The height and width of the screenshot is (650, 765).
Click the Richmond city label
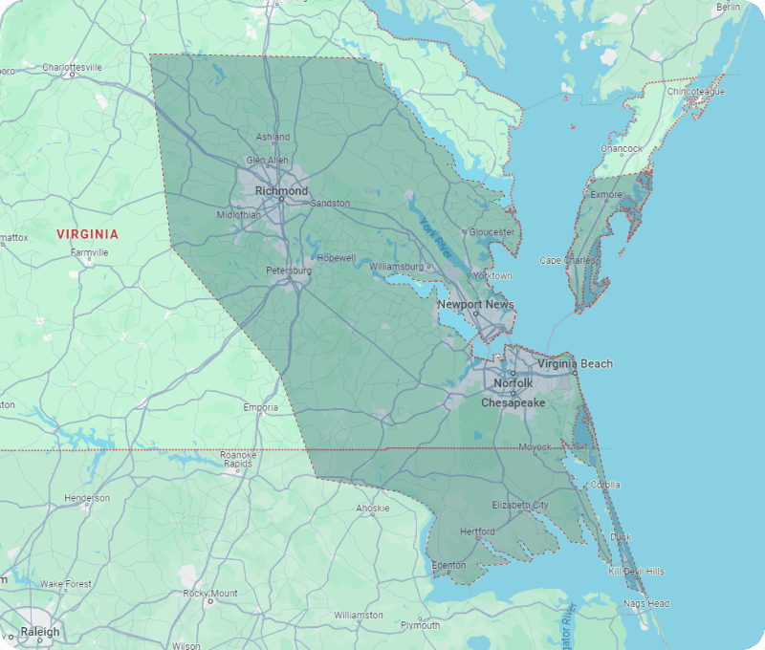click(281, 191)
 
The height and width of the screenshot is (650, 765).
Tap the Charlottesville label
click(72, 68)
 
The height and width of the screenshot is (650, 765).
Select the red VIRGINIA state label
click(87, 234)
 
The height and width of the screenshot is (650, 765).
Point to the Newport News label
click(475, 305)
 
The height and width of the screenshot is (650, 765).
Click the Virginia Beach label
click(575, 364)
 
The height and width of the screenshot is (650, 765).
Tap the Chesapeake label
click(513, 403)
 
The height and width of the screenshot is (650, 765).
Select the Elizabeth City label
click(520, 505)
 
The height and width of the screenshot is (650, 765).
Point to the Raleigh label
click(39, 632)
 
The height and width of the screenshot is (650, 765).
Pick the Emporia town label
click(260, 408)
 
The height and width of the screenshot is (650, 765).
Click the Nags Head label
click(647, 604)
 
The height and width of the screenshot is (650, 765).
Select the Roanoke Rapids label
click(238, 460)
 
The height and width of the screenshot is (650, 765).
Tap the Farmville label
click(89, 252)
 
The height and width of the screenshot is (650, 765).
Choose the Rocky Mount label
click(210, 594)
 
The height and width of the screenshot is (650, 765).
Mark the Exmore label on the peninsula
click(605, 195)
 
